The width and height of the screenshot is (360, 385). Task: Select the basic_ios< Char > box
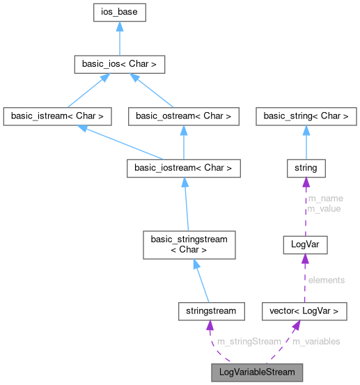click(120, 65)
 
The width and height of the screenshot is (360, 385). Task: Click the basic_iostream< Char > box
click(184, 168)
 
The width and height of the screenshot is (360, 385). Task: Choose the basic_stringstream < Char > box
click(189, 244)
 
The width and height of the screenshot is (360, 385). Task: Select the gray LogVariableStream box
click(257, 372)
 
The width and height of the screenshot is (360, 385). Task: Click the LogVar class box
click(305, 244)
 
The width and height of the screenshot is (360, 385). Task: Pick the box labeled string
click(305, 168)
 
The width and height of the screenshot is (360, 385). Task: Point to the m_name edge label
click(325, 198)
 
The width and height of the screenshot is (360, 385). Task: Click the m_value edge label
click(324, 208)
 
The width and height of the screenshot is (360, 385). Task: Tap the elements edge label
click(326, 280)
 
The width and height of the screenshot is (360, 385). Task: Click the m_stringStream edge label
click(249, 341)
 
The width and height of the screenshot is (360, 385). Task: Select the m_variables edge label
click(315, 341)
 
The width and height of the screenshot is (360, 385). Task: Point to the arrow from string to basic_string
click(305, 143)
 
